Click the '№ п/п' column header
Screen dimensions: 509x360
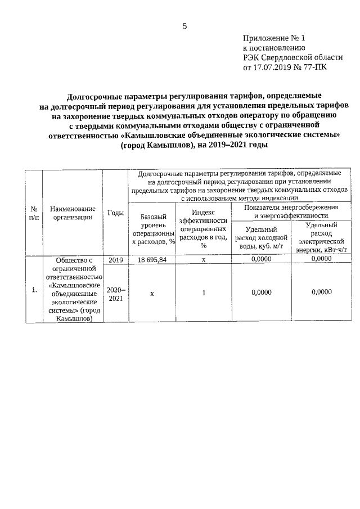tap(34, 213)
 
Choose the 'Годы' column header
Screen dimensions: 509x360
tap(115, 213)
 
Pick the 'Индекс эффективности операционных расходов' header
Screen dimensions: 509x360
tap(203, 228)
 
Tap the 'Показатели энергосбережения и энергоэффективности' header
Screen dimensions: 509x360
tap(291, 211)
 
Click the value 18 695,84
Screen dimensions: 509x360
tap(152, 260)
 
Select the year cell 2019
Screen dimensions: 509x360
tap(115, 260)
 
